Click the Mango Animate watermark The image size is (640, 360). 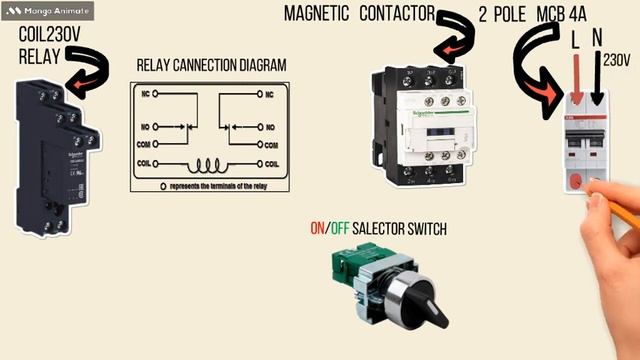[x=48, y=12]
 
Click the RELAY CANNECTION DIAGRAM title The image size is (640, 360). [x=211, y=65]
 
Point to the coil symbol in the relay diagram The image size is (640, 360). [x=211, y=164]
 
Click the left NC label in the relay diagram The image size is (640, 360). [x=147, y=94]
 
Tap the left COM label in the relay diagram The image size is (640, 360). [x=148, y=145]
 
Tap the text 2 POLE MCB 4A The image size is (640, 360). [x=531, y=15]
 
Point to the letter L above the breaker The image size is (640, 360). [x=574, y=40]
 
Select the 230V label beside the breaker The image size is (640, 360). [x=616, y=61]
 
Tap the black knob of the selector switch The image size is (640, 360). [x=411, y=299]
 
